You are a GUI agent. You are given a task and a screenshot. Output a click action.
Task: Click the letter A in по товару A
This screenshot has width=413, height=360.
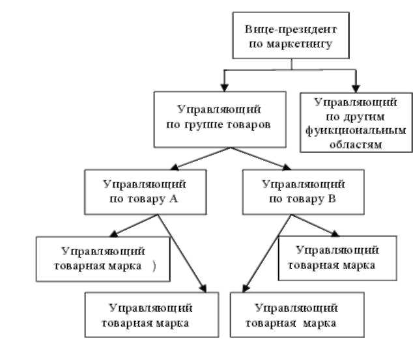(174, 198)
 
